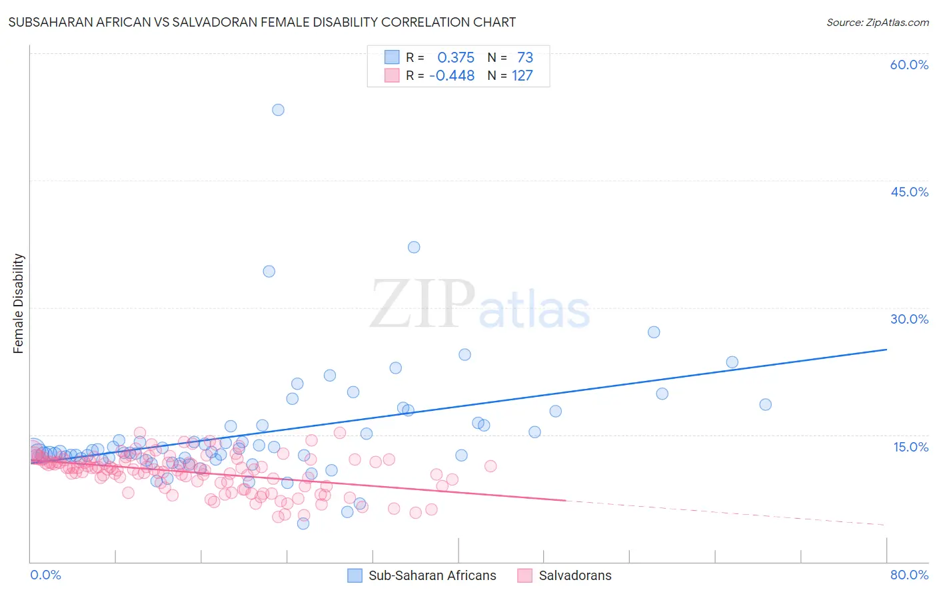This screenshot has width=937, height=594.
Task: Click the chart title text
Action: pyautogui.click(x=262, y=23)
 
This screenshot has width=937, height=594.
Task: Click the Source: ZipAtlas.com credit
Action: pyautogui.click(x=877, y=23)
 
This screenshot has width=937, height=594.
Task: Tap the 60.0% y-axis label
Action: pyautogui.click(x=909, y=65)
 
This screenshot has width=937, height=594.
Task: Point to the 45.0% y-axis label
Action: pyautogui.click(x=909, y=192)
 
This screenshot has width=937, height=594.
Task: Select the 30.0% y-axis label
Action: pyautogui.click(x=909, y=319)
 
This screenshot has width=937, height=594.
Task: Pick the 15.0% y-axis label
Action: pyautogui.click(x=910, y=446)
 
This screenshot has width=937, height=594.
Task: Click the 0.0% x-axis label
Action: pyautogui.click(x=45, y=575)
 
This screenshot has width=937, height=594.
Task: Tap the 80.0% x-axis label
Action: pyautogui.click(x=909, y=575)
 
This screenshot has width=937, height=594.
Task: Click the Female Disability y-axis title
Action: pyautogui.click(x=19, y=303)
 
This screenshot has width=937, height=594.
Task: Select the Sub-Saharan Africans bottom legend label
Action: pyautogui.click(x=432, y=575)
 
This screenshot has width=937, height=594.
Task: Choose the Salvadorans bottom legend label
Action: pyautogui.click(x=574, y=575)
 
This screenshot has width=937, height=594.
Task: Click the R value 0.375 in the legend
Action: pyautogui.click(x=456, y=58)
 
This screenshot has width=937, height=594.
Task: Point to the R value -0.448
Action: pyautogui.click(x=452, y=76)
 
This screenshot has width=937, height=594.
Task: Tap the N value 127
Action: pyautogui.click(x=522, y=76)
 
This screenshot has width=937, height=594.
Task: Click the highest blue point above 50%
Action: pyautogui.click(x=278, y=110)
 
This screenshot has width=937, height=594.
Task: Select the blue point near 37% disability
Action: pyautogui.click(x=414, y=247)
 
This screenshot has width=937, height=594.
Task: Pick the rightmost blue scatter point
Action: pyautogui.click(x=765, y=404)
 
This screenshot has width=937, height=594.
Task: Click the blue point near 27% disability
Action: pyautogui.click(x=654, y=332)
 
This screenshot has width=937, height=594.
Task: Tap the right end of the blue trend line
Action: pyautogui.click(x=886, y=349)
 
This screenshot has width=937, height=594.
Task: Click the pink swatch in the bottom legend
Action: pyautogui.click(x=524, y=575)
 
